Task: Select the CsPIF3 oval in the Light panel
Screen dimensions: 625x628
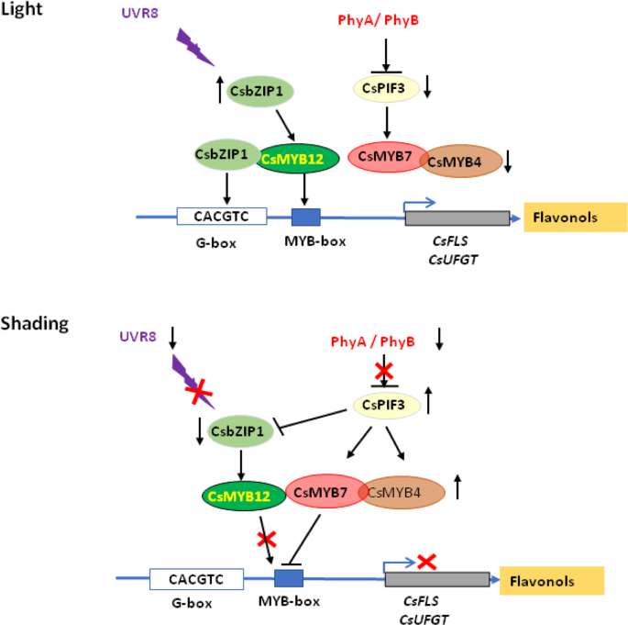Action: pyautogui.click(x=385, y=88)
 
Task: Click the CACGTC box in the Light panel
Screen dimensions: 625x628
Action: pyautogui.click(x=221, y=217)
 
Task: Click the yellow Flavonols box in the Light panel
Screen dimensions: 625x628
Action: pyautogui.click(x=575, y=218)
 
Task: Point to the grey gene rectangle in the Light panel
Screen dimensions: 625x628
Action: pyautogui.click(x=457, y=218)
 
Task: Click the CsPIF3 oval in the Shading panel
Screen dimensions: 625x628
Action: pyautogui.click(x=385, y=403)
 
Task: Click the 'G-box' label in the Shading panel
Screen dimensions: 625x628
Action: pyautogui.click(x=191, y=603)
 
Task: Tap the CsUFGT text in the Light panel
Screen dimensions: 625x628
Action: pyautogui.click(x=456, y=259)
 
